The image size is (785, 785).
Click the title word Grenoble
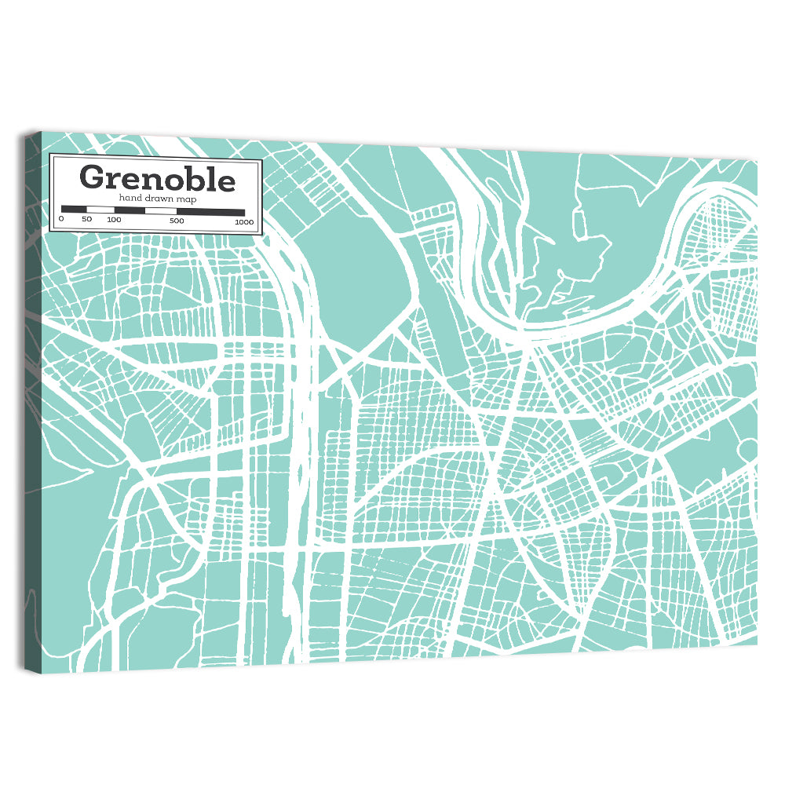point(157,178)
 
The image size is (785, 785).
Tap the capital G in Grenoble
point(92,178)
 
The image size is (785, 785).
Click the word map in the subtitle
point(186,199)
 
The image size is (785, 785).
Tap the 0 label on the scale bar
point(61,220)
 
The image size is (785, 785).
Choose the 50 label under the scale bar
point(86,220)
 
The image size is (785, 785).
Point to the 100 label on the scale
point(114,220)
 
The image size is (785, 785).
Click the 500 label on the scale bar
point(177,221)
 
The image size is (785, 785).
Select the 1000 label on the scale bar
point(243,221)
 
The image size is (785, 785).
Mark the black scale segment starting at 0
point(74,210)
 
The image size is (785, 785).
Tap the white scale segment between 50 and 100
point(100,210)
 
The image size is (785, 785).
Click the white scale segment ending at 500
point(161,210)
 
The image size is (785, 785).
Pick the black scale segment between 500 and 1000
point(210,211)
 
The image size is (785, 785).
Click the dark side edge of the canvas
point(31,392)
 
